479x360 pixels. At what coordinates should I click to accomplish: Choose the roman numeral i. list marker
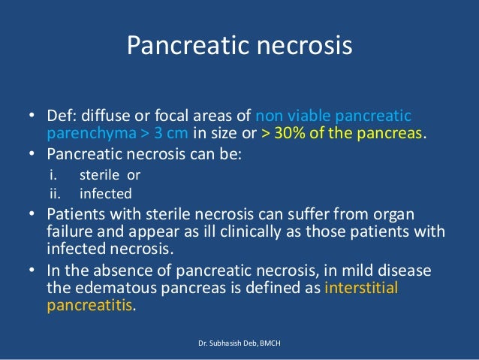(x=52, y=175)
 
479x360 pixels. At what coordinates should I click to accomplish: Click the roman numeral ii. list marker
(x=53, y=192)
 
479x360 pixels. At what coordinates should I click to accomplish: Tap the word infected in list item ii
(x=105, y=192)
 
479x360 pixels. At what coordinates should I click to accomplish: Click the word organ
(x=390, y=213)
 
